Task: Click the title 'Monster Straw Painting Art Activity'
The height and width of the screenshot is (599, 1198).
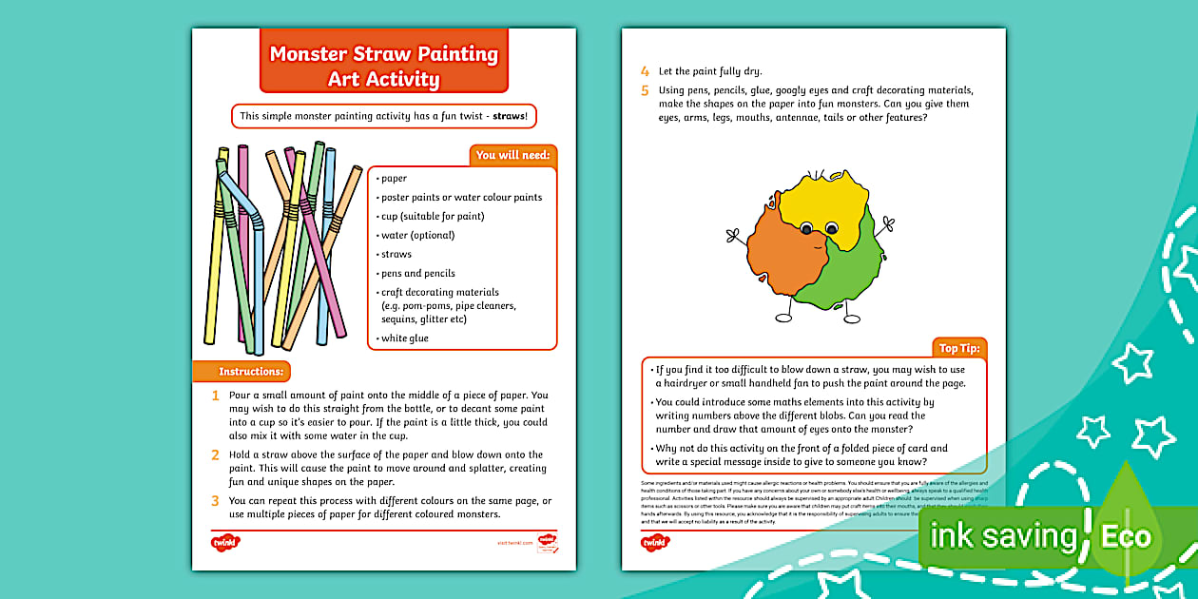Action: tap(383, 66)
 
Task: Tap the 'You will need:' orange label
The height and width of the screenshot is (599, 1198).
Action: tap(512, 155)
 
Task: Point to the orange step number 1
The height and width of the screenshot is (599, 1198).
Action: tap(216, 396)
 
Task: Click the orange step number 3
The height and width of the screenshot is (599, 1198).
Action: tap(216, 500)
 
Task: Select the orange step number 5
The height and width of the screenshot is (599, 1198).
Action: tap(645, 91)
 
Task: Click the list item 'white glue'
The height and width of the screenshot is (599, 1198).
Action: tap(404, 338)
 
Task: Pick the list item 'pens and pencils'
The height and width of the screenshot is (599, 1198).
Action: tap(417, 273)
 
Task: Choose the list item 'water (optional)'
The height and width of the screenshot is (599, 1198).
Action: tap(417, 235)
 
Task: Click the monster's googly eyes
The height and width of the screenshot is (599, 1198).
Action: tap(819, 228)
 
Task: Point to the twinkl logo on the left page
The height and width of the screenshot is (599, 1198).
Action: tap(225, 543)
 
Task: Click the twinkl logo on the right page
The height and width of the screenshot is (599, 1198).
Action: tap(655, 543)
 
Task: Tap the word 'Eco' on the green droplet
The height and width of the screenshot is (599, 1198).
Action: tap(1126, 536)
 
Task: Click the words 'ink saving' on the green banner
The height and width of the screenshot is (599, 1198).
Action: tap(1003, 537)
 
